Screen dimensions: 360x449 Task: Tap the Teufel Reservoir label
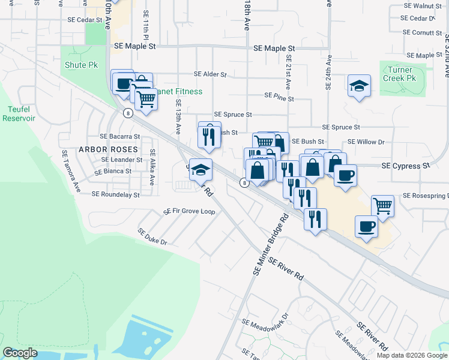click(20, 113)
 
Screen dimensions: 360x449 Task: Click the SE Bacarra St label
click(119, 137)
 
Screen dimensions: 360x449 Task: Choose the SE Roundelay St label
click(115, 194)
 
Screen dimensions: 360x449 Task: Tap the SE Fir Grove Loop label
click(190, 212)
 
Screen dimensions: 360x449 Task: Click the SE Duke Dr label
click(152, 236)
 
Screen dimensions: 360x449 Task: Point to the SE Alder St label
click(210, 75)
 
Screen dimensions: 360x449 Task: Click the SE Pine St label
click(279, 97)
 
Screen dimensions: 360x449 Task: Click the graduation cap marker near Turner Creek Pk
click(359, 86)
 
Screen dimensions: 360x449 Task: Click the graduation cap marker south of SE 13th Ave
click(200, 170)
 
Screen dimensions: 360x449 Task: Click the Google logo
click(20, 353)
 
